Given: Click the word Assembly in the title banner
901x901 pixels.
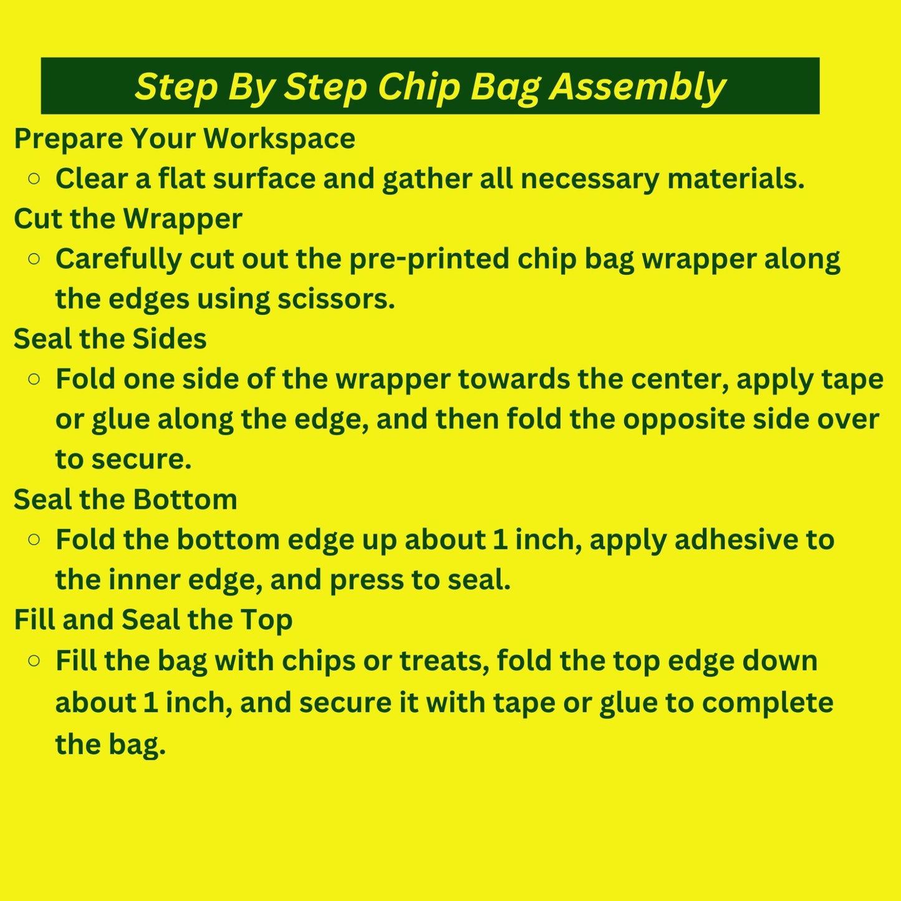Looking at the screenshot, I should point(637,87).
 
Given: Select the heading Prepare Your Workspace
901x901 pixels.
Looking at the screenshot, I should point(185,138).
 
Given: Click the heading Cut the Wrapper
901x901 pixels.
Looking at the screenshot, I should point(128,219).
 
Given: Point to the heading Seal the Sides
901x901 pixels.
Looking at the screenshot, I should point(110,339).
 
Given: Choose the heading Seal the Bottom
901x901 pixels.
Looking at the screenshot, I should point(125,499).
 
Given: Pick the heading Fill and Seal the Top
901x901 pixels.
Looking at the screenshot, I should point(153,620).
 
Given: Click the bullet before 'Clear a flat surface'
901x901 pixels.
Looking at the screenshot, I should point(34,179).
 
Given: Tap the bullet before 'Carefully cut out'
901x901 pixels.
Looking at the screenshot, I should point(34,259).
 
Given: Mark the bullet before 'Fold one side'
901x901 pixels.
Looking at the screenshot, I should point(34,379).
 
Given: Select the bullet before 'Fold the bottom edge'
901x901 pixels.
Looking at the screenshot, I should point(34,539).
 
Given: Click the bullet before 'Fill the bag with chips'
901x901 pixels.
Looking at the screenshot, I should point(34,660).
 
